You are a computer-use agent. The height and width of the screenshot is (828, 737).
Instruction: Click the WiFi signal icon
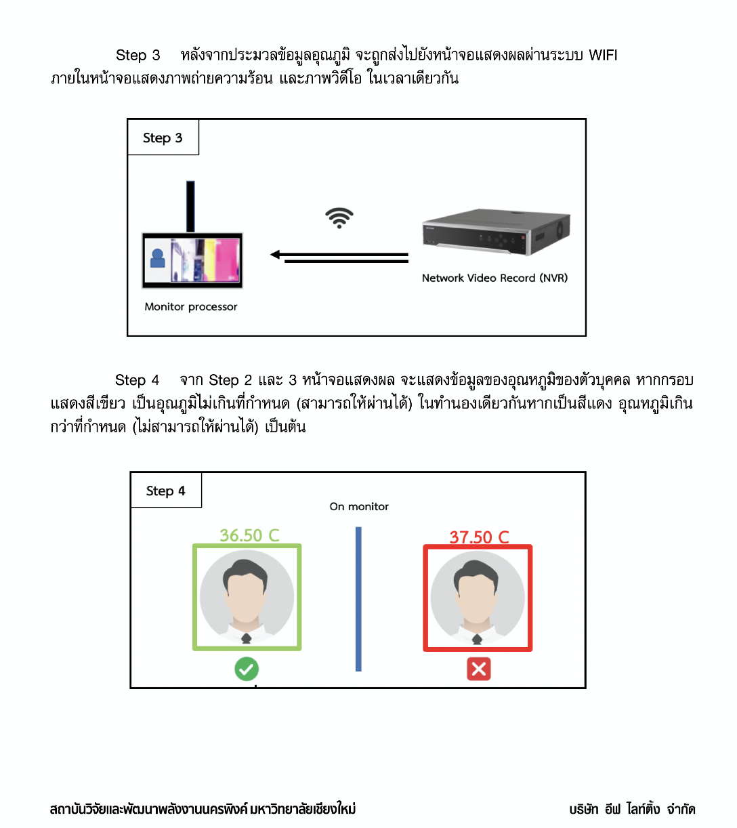tap(339, 218)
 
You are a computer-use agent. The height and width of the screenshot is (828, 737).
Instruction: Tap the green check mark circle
tap(247, 669)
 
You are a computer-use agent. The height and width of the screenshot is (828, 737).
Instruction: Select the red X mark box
tap(478, 669)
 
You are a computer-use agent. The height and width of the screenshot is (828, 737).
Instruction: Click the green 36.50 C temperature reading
tap(249, 535)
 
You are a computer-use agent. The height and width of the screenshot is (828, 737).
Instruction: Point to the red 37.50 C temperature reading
tap(479, 537)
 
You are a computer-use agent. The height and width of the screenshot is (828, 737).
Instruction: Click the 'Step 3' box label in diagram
tap(163, 138)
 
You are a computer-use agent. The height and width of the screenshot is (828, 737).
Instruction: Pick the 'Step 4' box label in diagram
tap(165, 491)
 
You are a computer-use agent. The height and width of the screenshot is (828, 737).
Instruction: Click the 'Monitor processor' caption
tap(191, 306)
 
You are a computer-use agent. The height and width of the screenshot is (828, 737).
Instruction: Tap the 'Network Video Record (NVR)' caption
tap(494, 278)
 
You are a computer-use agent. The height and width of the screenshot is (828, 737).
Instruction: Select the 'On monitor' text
tap(359, 506)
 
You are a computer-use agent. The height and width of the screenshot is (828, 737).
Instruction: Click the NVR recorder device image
tap(496, 232)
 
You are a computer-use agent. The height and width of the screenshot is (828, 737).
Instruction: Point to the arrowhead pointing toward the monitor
tap(275, 255)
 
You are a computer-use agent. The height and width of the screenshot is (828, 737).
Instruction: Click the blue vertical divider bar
tap(358, 599)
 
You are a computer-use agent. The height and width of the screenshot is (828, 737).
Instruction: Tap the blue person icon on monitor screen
tap(157, 258)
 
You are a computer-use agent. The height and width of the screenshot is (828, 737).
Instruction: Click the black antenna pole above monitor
tap(190, 207)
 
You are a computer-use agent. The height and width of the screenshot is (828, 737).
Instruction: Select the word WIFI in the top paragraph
tap(603, 55)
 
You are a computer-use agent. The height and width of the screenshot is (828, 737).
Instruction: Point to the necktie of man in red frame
tap(477, 639)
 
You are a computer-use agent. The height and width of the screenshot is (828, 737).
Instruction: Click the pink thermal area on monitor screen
tap(227, 260)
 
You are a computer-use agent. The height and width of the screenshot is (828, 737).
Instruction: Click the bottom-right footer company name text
tap(632, 809)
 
